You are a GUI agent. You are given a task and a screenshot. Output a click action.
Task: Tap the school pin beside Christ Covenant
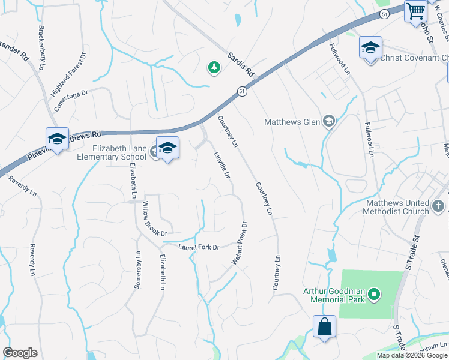(370, 47)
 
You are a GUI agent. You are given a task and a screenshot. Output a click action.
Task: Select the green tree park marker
(214, 68)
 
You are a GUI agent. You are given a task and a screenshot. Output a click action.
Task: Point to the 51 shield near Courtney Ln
(241, 91)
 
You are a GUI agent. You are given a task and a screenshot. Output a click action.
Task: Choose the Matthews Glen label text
(292, 122)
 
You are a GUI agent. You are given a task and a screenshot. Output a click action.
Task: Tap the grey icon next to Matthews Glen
(328, 122)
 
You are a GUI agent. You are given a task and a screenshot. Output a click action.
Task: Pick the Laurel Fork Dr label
(199, 247)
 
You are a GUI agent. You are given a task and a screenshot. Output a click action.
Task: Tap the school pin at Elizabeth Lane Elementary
(167, 148)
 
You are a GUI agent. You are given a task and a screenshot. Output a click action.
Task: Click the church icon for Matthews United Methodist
(438, 211)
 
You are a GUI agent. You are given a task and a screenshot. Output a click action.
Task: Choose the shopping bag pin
(324, 327)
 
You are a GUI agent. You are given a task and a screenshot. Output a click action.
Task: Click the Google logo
(20, 353)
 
